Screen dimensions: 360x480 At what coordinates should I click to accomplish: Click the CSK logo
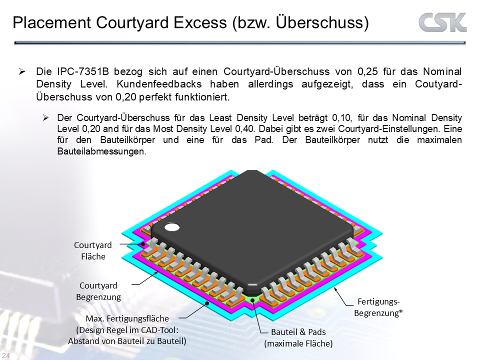(x=442, y=22)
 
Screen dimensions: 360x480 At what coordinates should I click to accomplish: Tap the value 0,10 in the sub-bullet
(x=343, y=118)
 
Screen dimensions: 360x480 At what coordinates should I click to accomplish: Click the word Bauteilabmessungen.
(x=101, y=151)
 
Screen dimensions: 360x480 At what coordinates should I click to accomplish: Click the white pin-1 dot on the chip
(x=172, y=227)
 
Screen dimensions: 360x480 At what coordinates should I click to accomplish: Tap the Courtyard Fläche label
(x=93, y=250)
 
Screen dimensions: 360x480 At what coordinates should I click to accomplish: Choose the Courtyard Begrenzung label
(x=98, y=291)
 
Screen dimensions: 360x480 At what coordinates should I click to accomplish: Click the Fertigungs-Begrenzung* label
(x=378, y=307)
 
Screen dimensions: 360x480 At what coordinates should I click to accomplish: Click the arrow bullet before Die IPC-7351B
(x=22, y=71)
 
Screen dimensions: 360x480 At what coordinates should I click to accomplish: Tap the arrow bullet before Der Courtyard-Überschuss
(x=45, y=118)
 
